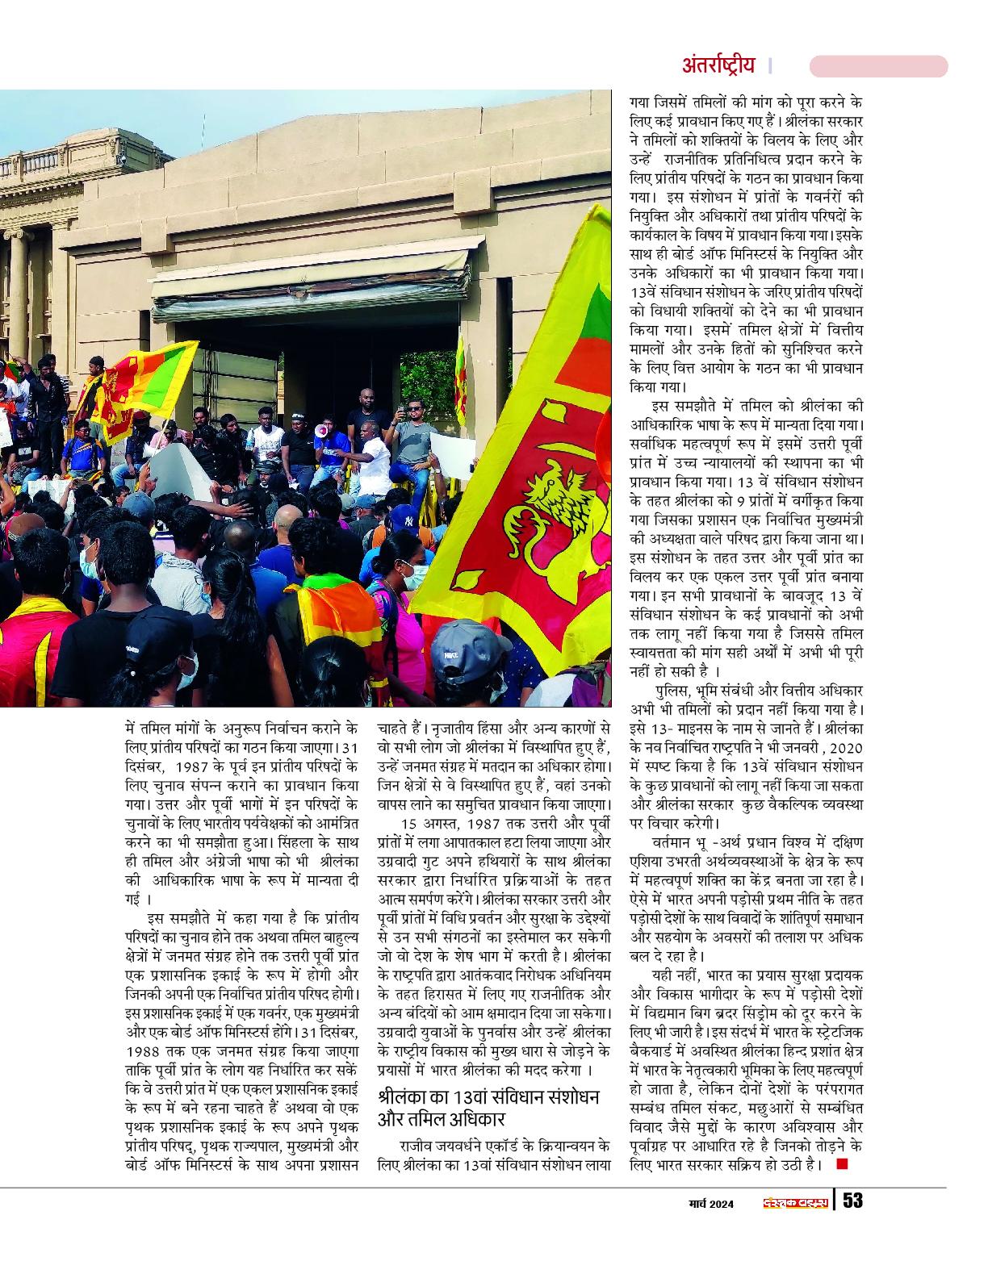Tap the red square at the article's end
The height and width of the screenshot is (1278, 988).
(843, 1163)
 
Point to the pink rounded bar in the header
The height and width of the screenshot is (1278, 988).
(877, 66)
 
